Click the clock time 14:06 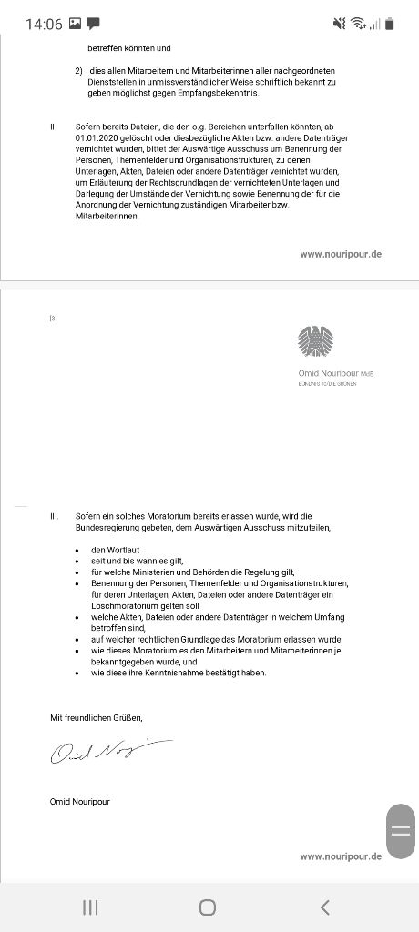(42, 24)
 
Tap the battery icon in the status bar (391, 24)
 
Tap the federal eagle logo (315, 342)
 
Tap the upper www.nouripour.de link (341, 254)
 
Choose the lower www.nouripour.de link (341, 856)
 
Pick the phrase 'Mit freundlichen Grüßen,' (97, 718)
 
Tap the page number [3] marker (54, 318)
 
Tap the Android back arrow (325, 907)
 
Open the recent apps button (90, 907)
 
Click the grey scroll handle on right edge (400, 830)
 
